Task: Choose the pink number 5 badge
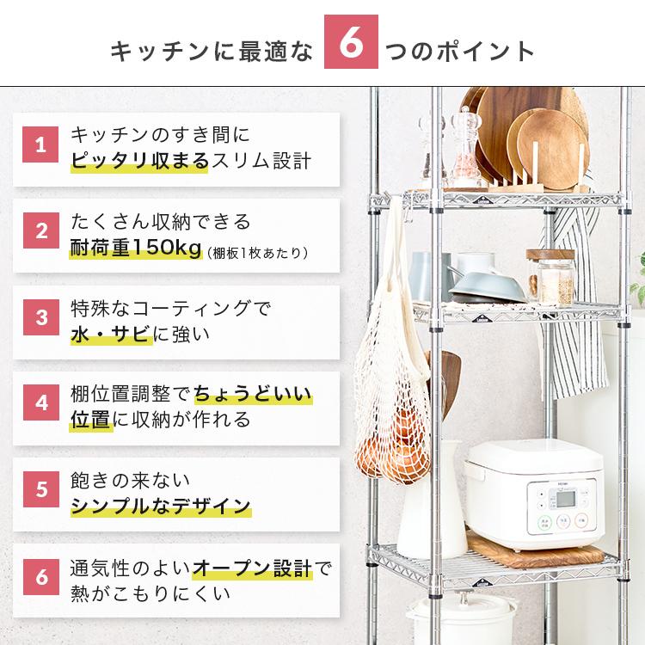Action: pos(40,490)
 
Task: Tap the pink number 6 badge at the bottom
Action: pos(40,576)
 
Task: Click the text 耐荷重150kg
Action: pos(134,250)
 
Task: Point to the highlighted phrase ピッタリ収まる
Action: pos(138,161)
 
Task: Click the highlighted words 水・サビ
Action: pos(111,333)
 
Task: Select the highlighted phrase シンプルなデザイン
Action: pos(160,505)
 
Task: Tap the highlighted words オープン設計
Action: pos(252,568)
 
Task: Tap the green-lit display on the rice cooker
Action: pos(562,518)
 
